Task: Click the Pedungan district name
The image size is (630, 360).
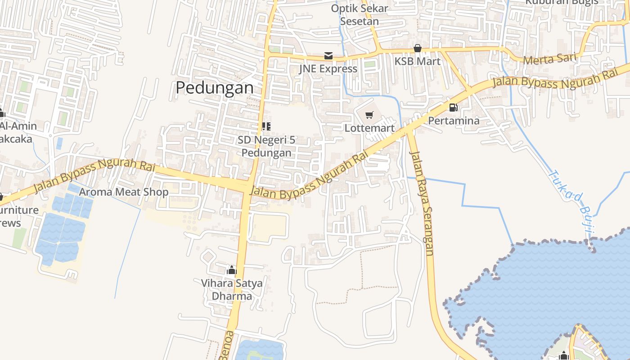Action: [x=215, y=87]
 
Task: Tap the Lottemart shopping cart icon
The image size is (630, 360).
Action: [x=369, y=115]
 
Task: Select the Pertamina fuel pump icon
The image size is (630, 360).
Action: [x=453, y=108]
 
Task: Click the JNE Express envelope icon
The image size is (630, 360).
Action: [x=328, y=56]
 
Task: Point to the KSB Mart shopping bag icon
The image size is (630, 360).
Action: [x=418, y=48]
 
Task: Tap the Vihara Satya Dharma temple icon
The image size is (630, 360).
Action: [x=232, y=270]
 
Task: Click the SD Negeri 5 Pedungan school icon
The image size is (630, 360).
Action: [x=266, y=126]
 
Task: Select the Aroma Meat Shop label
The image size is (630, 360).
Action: [x=124, y=192]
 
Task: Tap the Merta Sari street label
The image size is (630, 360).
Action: [x=550, y=59]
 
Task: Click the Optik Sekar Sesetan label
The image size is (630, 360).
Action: [x=360, y=14]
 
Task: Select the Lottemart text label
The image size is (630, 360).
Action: [x=369, y=128]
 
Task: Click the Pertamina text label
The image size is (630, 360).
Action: [x=454, y=121]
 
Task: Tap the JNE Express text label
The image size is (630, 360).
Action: [x=328, y=69]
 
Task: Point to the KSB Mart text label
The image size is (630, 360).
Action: [x=418, y=61]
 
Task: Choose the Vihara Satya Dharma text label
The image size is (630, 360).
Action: [x=232, y=289]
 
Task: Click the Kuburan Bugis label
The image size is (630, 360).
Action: [x=562, y=2]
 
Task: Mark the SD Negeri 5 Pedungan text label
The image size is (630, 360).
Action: [x=266, y=146]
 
